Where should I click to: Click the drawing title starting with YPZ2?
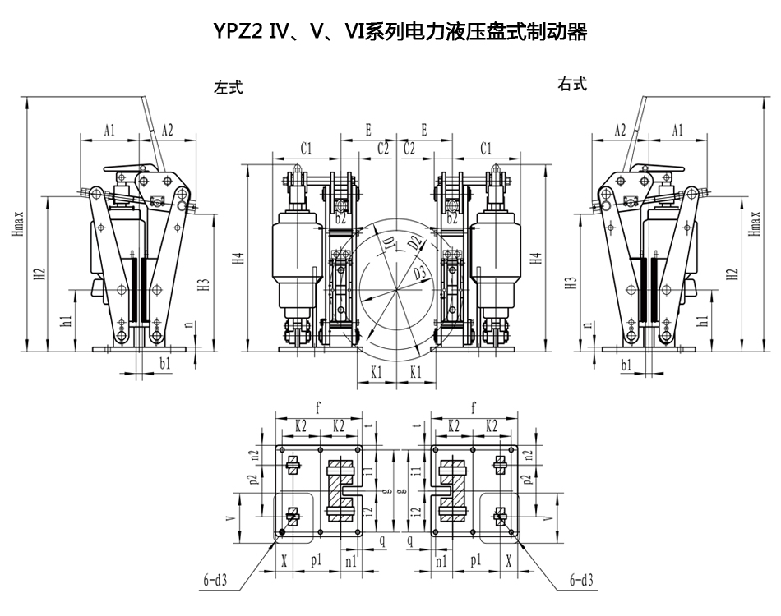(x=400, y=32)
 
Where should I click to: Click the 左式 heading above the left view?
(x=229, y=86)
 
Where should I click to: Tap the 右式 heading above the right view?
(x=572, y=85)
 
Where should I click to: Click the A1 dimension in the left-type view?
(x=110, y=130)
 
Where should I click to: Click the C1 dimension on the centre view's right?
(x=485, y=148)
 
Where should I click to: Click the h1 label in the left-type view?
(x=67, y=320)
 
